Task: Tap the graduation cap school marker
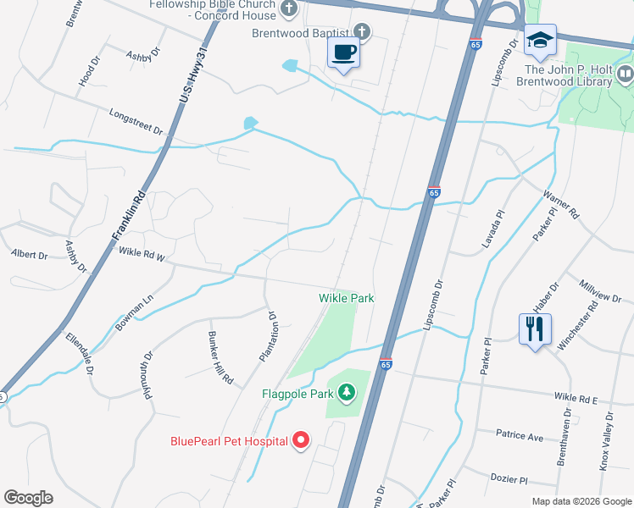click(540, 40)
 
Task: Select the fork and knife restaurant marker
click(534, 329)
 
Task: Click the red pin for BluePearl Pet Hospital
click(301, 440)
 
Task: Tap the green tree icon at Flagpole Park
click(346, 392)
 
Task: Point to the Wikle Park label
click(346, 298)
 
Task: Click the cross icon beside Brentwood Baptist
click(362, 32)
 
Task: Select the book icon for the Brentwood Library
click(626, 75)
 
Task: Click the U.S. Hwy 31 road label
click(193, 82)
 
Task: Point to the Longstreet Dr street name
click(136, 121)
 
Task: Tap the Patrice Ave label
click(520, 436)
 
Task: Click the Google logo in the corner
click(28, 498)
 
